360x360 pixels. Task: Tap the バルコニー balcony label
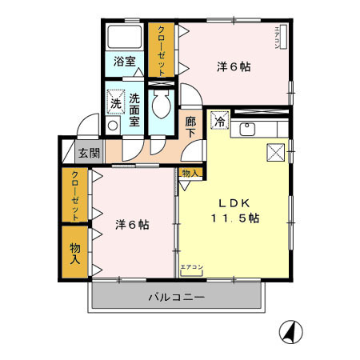click(x=177, y=298)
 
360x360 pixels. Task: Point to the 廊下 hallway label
click(x=190, y=128)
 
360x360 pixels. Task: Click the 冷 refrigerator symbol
click(x=219, y=122)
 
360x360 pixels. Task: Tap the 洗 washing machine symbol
click(x=116, y=102)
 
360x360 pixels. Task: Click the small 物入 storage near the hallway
click(x=190, y=172)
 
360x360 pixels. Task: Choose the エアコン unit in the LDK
click(x=192, y=268)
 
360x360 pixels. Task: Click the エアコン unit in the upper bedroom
click(x=277, y=38)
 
